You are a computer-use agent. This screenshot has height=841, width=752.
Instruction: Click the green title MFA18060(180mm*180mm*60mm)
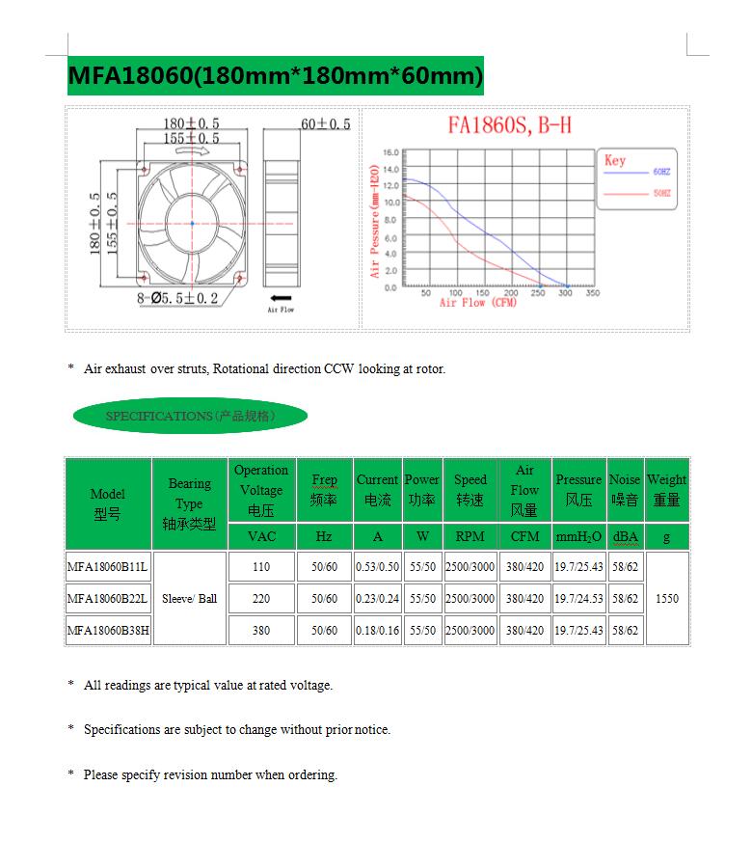point(275,75)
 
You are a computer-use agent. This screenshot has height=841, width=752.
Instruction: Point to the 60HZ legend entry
point(660,171)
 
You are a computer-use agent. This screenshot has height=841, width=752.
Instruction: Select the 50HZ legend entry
point(660,195)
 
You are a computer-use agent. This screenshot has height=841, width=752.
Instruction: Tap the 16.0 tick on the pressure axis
point(390,152)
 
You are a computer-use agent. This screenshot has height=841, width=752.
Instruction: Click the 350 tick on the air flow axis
point(592,293)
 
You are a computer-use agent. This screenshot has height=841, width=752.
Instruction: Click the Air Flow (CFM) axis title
point(478,303)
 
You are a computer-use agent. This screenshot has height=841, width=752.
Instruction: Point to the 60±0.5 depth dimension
point(326,124)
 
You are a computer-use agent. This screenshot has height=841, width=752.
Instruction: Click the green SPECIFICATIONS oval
point(190,416)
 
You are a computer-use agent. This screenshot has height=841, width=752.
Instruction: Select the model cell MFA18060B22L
point(107,599)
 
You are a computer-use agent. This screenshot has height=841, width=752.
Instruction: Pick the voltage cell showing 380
point(261,630)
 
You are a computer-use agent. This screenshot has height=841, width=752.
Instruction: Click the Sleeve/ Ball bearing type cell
point(189,599)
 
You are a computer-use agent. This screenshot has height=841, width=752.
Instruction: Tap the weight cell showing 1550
point(666,599)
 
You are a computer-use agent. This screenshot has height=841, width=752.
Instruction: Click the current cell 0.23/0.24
point(377,599)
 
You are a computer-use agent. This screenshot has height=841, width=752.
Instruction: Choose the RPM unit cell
point(470,536)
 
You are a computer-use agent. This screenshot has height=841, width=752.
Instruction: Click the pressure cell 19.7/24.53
point(578,599)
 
